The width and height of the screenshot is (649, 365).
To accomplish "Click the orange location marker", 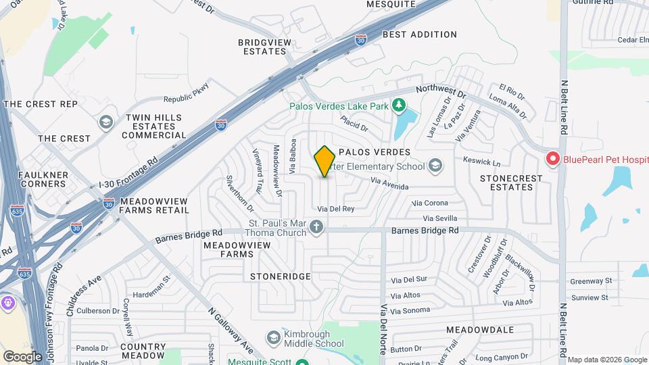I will pos(325,161).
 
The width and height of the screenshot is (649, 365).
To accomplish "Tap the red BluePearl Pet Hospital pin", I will pos(552,160).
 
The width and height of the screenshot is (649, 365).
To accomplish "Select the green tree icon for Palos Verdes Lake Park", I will pos(399,105).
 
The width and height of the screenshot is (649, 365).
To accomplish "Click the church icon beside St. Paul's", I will pos(316,228).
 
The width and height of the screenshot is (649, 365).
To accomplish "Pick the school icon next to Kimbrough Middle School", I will pos(273,337).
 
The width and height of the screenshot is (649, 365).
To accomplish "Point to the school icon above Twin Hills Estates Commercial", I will pos(105,122).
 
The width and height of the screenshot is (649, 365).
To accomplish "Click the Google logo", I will pos(22,356).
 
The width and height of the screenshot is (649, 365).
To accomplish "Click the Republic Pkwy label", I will pos(187,92).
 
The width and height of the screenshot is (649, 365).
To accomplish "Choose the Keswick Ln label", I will pos(482,162).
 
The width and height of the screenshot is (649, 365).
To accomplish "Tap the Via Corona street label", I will pos(430,203).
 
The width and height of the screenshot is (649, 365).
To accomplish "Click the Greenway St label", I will pos(590,281).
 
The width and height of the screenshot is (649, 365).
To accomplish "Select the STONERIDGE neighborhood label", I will pos(280,276).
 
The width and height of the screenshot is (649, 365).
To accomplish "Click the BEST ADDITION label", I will pos(419,34).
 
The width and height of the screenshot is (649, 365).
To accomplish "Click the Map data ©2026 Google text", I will pos(606,360).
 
